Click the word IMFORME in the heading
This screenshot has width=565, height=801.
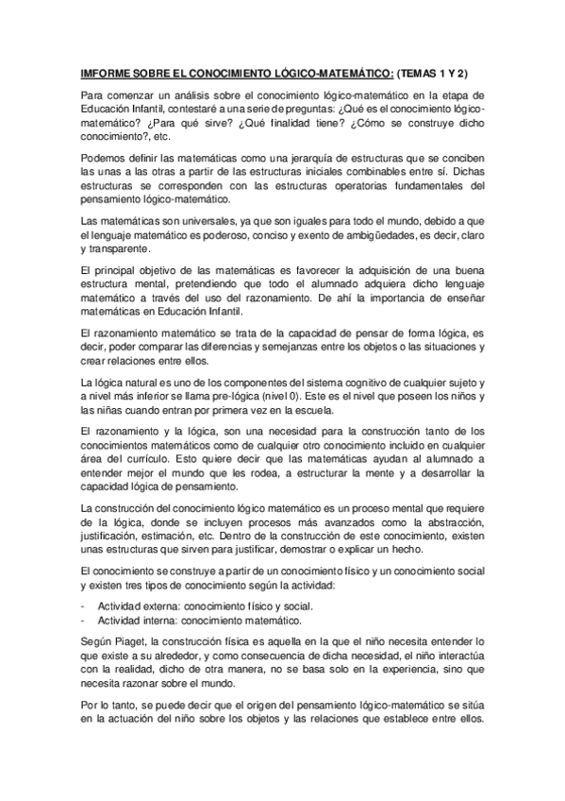pos(102,72)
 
